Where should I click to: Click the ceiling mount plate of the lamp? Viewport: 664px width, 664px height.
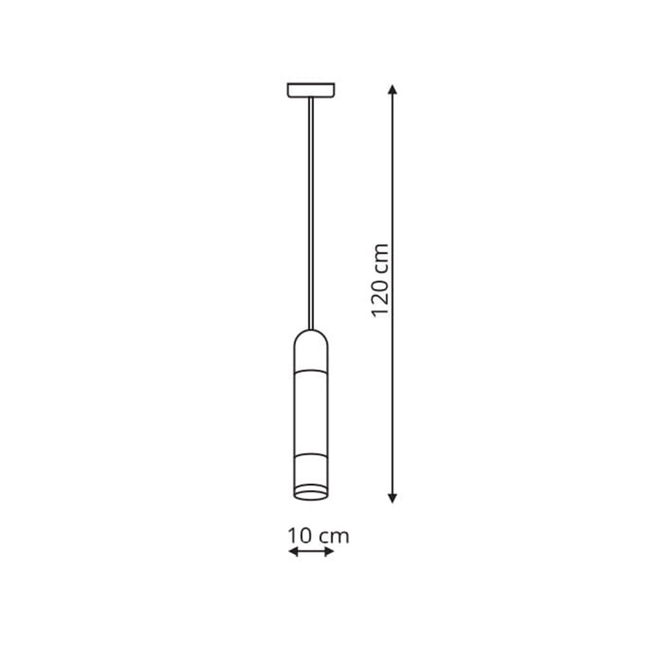click(311, 90)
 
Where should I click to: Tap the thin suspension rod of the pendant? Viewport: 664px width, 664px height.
click(311, 213)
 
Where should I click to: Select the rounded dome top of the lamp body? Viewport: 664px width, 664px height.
click(311, 338)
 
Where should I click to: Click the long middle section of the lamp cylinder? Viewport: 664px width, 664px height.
click(311, 413)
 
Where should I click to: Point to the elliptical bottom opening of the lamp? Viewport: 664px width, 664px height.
click(311, 494)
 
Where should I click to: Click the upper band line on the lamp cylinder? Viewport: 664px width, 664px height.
click(311, 371)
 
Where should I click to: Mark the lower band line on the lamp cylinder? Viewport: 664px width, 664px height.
click(311, 456)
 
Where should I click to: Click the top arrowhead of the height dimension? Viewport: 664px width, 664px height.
click(392, 90)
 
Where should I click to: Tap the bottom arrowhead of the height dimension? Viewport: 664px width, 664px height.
click(392, 498)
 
